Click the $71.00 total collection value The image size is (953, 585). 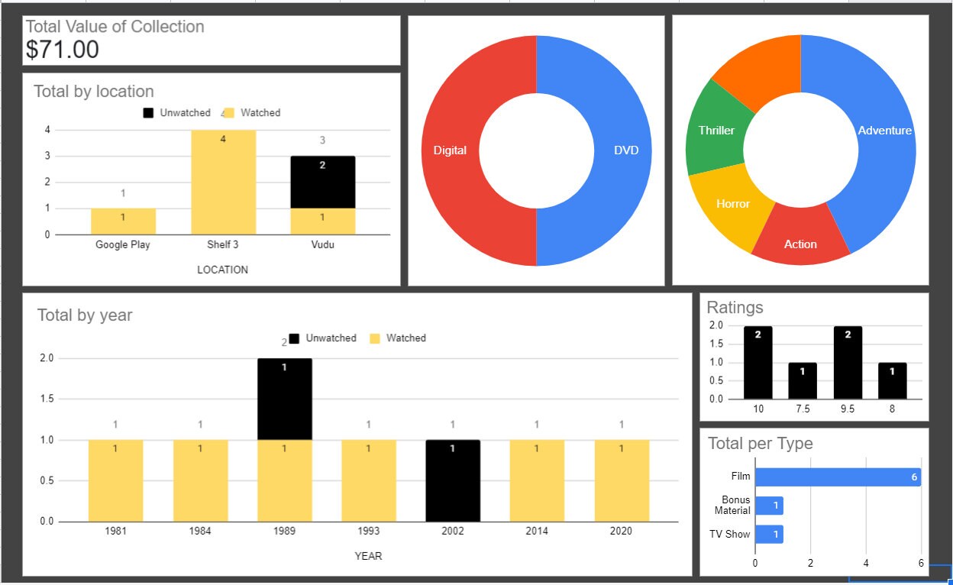click(x=63, y=50)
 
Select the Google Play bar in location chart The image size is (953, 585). click(x=123, y=221)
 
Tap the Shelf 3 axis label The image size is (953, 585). click(x=222, y=245)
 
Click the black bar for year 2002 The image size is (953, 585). click(x=453, y=480)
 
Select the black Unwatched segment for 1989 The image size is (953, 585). click(x=284, y=399)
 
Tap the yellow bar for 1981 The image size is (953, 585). click(x=115, y=480)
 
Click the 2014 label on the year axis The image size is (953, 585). click(x=536, y=532)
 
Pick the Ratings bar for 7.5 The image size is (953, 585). click(x=803, y=380)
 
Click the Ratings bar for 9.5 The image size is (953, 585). click(x=848, y=362)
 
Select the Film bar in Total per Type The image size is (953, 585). click(x=837, y=477)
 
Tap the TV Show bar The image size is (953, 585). click(x=769, y=535)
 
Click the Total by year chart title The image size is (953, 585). click(x=85, y=315)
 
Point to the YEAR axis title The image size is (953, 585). click(x=368, y=556)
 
